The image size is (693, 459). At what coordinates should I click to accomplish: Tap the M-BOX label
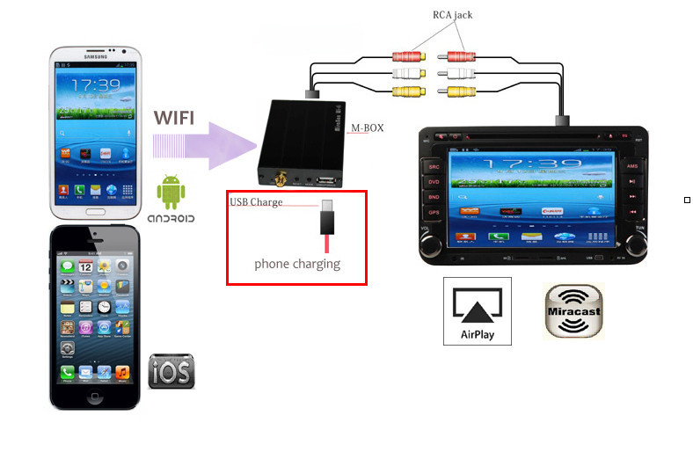368,128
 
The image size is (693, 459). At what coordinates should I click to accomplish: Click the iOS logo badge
171,371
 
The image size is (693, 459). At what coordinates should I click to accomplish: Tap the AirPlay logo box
478,311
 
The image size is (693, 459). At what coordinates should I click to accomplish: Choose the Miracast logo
574,311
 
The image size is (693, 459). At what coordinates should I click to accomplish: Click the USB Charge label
257,202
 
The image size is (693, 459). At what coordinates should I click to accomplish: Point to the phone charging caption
297,263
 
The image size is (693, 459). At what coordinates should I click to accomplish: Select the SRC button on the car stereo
434,165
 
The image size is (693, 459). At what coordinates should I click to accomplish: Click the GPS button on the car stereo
434,213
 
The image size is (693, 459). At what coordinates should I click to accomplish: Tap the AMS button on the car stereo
631,165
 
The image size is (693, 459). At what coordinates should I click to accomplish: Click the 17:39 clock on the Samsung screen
94,85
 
